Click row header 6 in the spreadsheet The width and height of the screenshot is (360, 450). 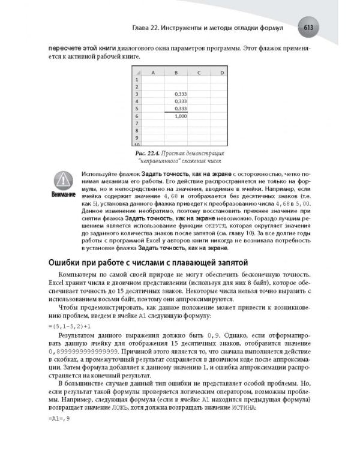point(137,116)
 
